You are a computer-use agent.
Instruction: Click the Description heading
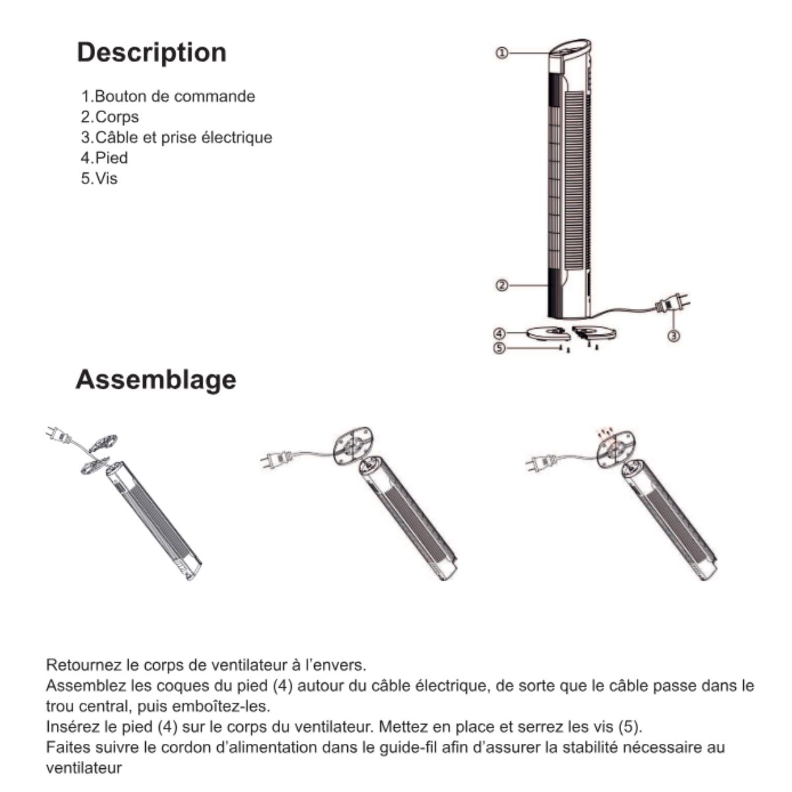[x=151, y=53]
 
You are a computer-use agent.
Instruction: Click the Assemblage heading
[x=156, y=379]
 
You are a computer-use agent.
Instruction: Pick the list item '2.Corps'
[x=110, y=117]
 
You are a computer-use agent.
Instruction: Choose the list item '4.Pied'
[x=104, y=158]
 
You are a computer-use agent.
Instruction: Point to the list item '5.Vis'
[x=99, y=178]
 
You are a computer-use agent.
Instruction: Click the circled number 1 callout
[x=502, y=53]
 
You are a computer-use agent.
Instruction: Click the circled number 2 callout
[x=502, y=285]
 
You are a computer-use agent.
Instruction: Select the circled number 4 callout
[x=500, y=334]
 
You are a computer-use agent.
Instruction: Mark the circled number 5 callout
[x=500, y=347]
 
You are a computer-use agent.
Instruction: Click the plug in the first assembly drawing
[x=55, y=434]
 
